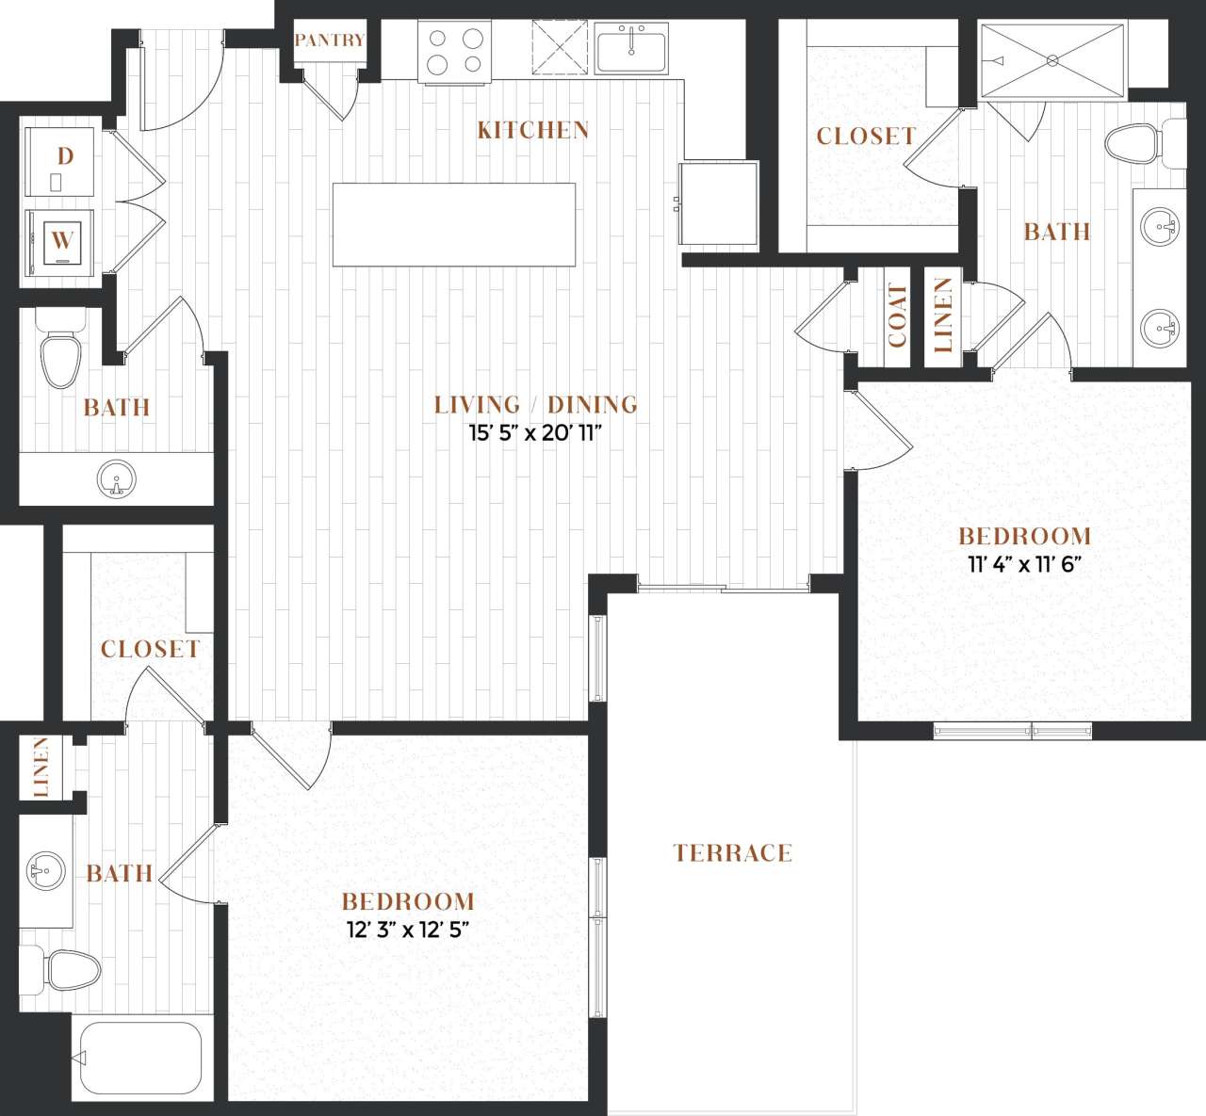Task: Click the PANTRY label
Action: tap(329, 40)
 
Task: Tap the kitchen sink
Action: tap(631, 48)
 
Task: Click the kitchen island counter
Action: tap(453, 225)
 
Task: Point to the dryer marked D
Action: tap(60, 161)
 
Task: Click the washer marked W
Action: tap(61, 240)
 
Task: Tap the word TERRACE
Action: tap(732, 853)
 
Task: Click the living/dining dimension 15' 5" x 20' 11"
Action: tap(535, 434)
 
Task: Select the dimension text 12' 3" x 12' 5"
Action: tap(408, 930)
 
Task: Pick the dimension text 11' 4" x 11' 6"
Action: tap(1023, 565)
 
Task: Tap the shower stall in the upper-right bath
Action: tap(1052, 60)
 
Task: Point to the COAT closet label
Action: tap(897, 315)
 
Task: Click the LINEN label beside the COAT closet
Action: tap(943, 315)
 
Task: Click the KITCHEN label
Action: tap(533, 130)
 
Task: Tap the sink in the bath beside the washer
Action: tap(117, 478)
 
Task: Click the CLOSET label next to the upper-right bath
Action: tap(866, 137)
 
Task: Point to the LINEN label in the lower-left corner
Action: tap(41, 768)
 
